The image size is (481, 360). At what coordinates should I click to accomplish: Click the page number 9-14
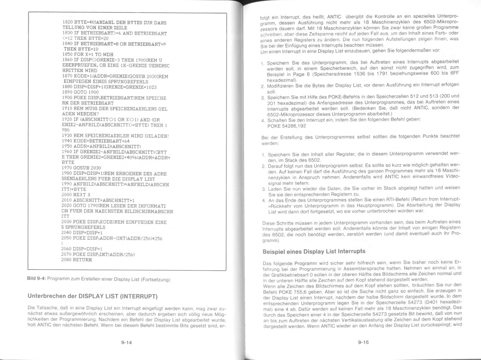(x=126, y=342)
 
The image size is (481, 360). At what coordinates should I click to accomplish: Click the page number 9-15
(x=363, y=342)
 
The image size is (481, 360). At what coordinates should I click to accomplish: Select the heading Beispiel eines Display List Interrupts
(x=314, y=251)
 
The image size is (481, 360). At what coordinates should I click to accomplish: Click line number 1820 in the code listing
(x=68, y=23)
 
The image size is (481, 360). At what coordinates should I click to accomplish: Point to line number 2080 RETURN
(x=76, y=259)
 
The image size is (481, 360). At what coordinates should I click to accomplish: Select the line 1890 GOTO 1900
(x=80, y=92)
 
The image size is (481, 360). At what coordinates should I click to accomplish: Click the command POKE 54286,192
(x=286, y=126)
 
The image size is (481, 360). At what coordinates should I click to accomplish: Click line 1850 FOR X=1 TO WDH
(x=88, y=54)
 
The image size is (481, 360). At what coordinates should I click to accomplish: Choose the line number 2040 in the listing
(x=67, y=233)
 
